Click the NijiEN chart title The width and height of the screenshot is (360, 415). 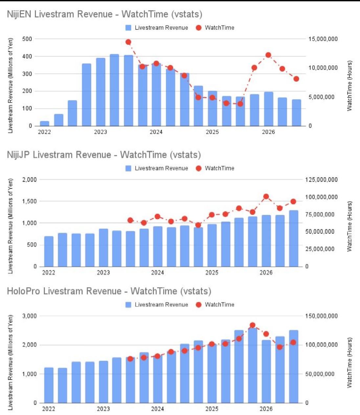click(104, 14)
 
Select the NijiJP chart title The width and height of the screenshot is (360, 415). click(104, 155)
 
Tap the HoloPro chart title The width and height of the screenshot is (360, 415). click(109, 291)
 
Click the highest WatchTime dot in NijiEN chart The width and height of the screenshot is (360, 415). click(128, 42)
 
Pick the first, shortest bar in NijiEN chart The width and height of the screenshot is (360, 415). click(45, 123)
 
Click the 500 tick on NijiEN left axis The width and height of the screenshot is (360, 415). click(27, 39)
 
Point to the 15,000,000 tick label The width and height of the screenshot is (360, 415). click(323, 39)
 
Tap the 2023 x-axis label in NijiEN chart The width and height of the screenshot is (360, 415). click(101, 132)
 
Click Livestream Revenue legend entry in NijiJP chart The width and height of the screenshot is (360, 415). click(157, 168)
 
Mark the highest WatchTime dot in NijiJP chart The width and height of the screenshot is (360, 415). click(266, 197)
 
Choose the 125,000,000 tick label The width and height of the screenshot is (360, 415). click(321, 180)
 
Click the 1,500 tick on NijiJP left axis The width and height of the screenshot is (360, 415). click(30, 201)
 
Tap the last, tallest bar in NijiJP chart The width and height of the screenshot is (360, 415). click(294, 238)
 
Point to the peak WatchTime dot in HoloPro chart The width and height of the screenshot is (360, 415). click(253, 325)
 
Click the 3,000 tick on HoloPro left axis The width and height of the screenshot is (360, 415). click(30, 316)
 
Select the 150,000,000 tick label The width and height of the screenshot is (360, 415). click(321, 316)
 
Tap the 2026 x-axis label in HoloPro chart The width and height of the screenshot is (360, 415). click(266, 409)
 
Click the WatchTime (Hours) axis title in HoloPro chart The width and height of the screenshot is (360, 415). click(349, 362)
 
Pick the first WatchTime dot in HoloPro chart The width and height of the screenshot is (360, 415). click(130, 359)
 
